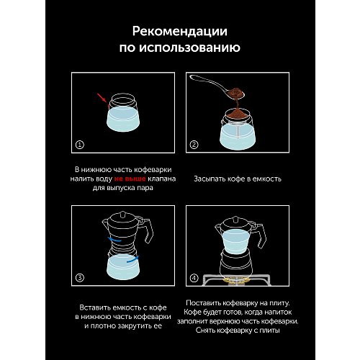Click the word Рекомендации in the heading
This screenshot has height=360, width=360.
[180, 32]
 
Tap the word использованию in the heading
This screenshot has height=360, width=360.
[189, 48]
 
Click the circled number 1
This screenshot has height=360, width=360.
[80, 145]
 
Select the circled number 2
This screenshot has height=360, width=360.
[194, 145]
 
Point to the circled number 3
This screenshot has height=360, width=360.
[80, 278]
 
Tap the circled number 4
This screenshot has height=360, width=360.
[194, 278]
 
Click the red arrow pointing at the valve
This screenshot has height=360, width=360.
[102, 98]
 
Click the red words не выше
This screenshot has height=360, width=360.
[130, 179]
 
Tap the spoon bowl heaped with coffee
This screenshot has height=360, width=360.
[235, 93]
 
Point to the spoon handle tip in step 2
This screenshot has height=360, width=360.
[192, 77]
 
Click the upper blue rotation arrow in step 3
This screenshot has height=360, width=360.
[114, 240]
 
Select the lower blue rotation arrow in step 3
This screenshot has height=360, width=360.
[133, 259]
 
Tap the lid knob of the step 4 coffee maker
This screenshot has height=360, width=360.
[235, 219]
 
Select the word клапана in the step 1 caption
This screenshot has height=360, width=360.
[162, 179]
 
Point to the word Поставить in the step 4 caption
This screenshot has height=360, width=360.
[203, 303]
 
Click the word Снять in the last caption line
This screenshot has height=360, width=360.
[205, 330]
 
